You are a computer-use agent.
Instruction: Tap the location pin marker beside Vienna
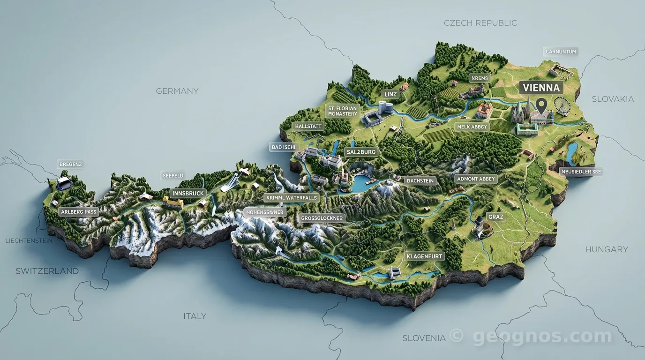tap(542, 105)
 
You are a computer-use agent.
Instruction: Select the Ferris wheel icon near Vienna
tap(561, 106)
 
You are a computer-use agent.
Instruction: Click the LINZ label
tap(390, 94)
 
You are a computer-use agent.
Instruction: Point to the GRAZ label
tap(495, 217)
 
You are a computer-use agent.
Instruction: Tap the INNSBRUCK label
tap(188, 193)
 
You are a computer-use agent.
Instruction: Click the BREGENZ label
tap(71, 165)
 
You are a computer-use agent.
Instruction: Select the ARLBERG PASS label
tap(78, 212)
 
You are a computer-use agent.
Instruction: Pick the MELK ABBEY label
tap(472, 127)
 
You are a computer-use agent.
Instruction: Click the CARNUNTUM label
tap(561, 52)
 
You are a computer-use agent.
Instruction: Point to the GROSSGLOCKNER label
tap(322, 218)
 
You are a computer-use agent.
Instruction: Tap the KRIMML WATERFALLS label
tap(292, 197)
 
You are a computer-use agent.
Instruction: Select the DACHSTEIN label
tap(420, 180)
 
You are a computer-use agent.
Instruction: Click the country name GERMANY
tap(177, 91)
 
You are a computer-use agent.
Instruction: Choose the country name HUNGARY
tap(606, 249)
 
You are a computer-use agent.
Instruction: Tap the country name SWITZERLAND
tap(47, 271)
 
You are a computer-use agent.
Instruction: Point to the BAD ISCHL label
tap(285, 147)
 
